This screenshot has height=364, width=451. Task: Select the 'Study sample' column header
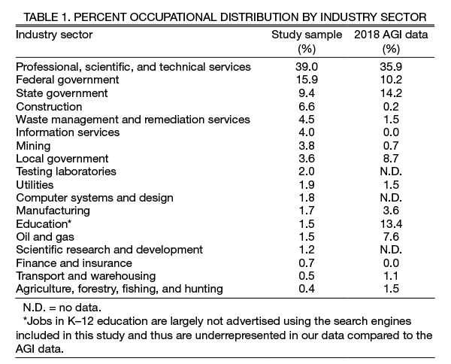coord(307,35)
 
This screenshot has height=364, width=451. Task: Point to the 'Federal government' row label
coord(67,80)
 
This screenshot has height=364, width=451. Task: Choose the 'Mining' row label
coord(33,145)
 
